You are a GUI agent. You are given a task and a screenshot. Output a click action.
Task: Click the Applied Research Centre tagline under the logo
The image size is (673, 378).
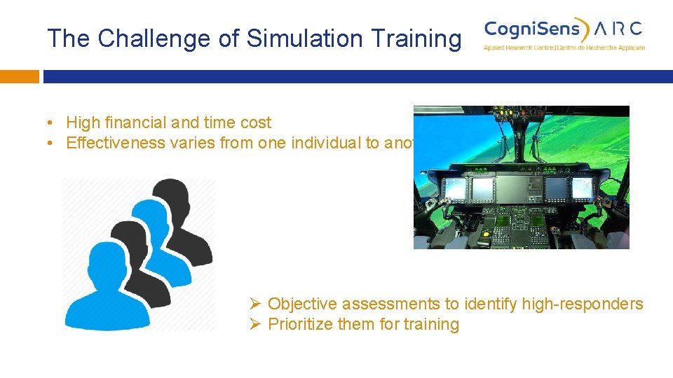click(564, 48)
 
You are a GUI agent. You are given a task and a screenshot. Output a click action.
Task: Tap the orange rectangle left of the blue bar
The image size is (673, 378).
click(19, 76)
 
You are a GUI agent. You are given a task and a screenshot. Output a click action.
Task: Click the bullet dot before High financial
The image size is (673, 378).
click(51, 123)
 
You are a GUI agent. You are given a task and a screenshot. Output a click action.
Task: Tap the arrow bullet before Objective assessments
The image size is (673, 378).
click(256, 304)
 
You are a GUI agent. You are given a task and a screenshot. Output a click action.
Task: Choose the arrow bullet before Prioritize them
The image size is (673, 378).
click(256, 324)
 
